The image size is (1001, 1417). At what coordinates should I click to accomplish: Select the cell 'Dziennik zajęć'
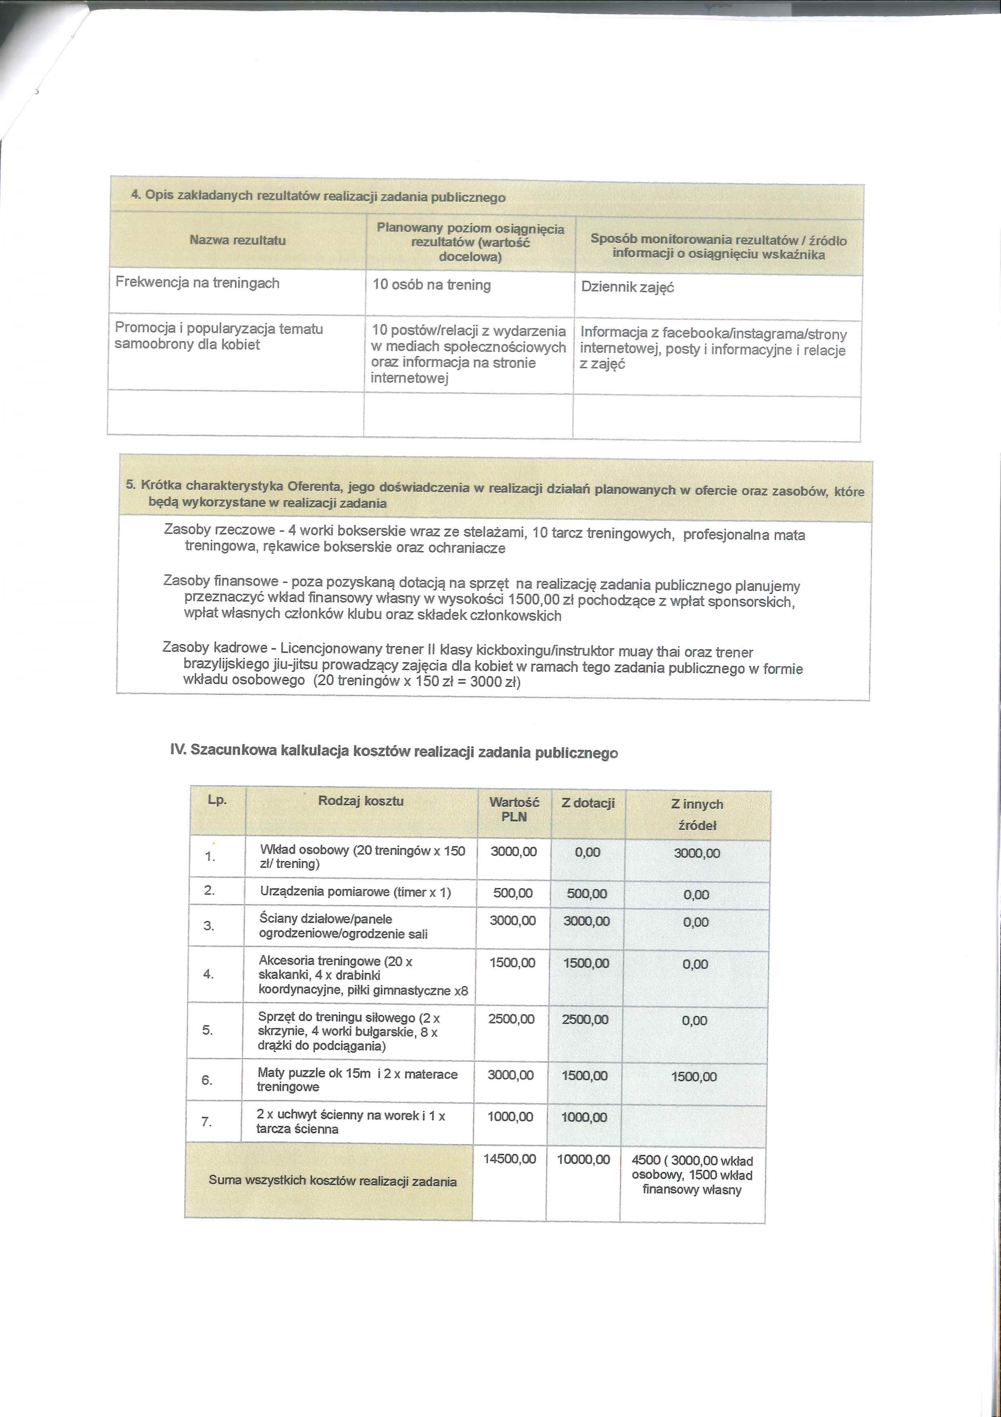click(x=627, y=287)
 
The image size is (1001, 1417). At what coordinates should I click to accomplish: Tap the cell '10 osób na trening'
click(x=432, y=285)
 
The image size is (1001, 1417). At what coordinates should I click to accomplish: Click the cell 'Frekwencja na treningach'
click(x=197, y=283)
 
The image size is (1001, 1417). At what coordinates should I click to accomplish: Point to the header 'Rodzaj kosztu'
click(x=361, y=801)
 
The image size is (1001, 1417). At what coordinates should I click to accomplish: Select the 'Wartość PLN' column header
click(x=514, y=809)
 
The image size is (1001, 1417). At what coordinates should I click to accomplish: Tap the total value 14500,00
click(x=509, y=1159)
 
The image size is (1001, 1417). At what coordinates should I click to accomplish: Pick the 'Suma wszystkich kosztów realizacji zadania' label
click(x=333, y=1181)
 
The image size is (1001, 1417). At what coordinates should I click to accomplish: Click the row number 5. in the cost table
click(x=208, y=1030)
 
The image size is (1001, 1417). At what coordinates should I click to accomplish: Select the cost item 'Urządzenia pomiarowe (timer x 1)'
click(x=355, y=892)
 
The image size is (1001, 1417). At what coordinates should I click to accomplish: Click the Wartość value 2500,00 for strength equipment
click(x=511, y=1019)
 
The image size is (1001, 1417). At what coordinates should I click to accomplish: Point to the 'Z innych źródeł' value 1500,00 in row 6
click(x=694, y=1077)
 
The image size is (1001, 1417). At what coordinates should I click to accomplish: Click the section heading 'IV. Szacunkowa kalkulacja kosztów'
click(x=394, y=752)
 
